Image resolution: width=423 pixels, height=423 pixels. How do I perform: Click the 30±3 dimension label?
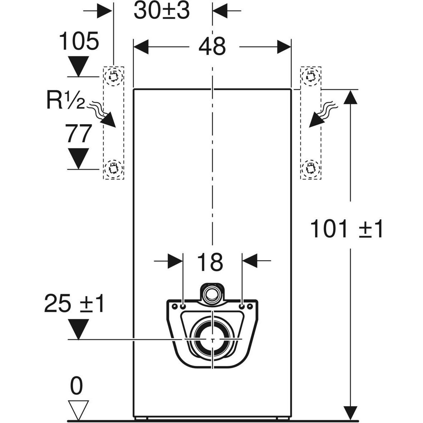tap(162, 11)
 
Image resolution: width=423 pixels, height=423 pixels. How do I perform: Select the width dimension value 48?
tap(211, 47)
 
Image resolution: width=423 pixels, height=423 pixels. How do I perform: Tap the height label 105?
tap(78, 42)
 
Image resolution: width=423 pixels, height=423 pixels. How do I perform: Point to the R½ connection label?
tap(66, 100)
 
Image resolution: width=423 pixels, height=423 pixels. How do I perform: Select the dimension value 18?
tap(210, 262)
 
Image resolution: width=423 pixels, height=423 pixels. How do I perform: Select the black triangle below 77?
tap(79, 158)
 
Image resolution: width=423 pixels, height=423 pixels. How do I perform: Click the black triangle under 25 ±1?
tap(78, 329)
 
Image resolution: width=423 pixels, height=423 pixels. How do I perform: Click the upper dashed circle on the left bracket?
tap(114, 75)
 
